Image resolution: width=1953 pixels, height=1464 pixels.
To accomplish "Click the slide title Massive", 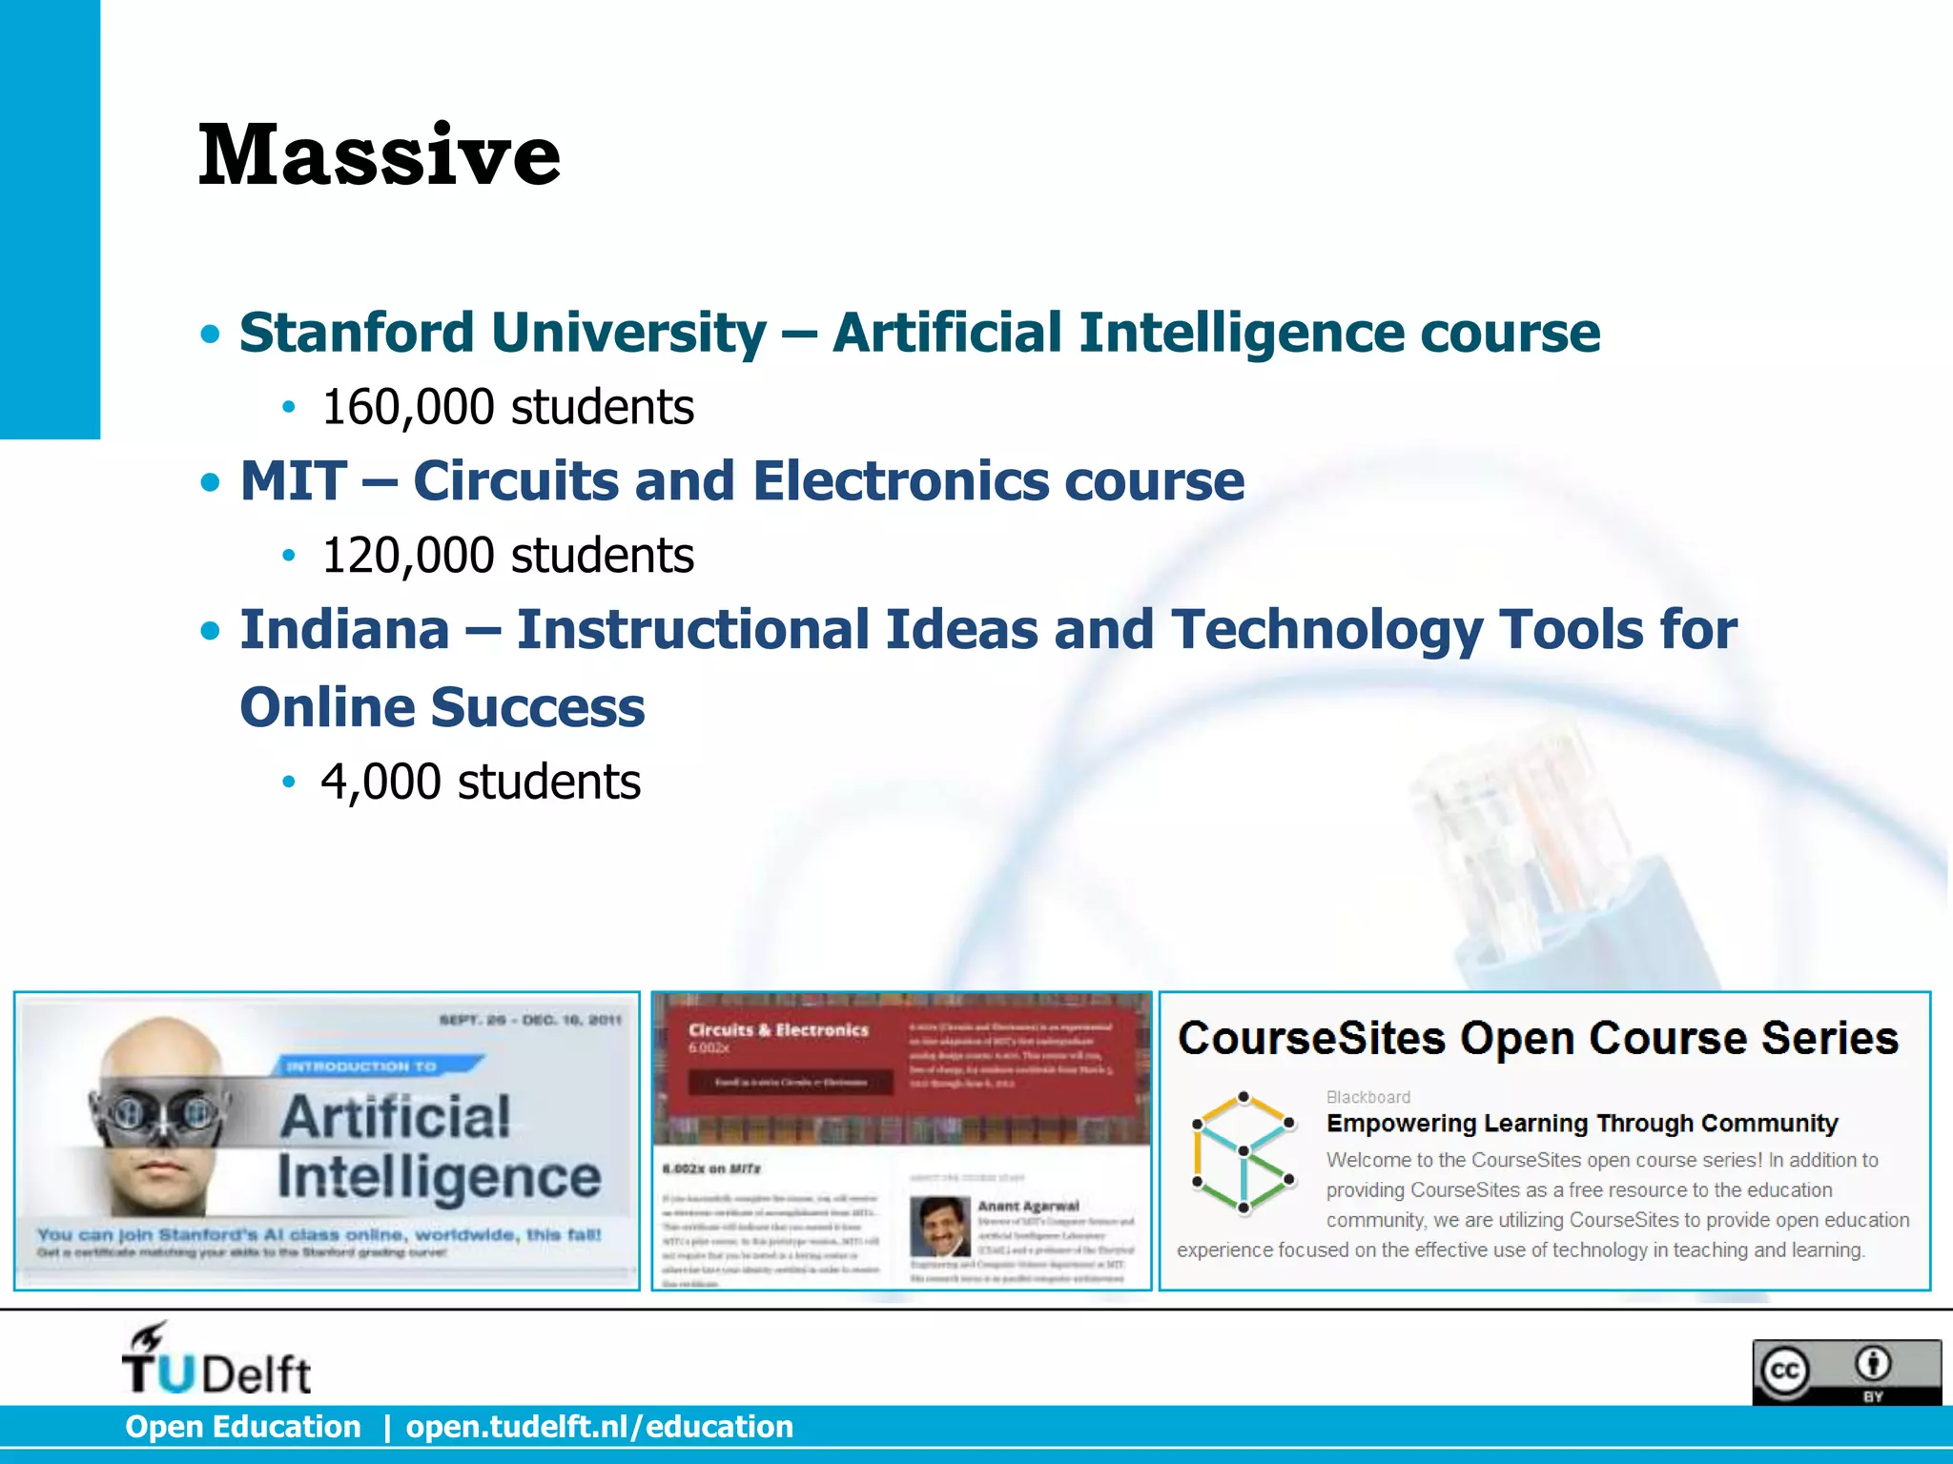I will pyautogui.click(x=379, y=154).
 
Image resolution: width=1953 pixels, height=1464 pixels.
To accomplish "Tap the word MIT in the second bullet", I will pyautogui.click(x=293, y=480).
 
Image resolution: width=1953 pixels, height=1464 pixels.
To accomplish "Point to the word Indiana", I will pyautogui.click(x=344, y=630).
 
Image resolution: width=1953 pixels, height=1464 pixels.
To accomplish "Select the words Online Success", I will pyautogui.click(x=442, y=708).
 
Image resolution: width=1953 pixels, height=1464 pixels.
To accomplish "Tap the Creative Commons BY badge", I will pyautogui.click(x=1845, y=1372).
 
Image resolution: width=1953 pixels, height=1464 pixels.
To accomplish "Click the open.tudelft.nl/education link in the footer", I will pyautogui.click(x=599, y=1427).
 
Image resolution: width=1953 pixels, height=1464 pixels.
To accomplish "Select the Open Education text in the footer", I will pyautogui.click(x=243, y=1427).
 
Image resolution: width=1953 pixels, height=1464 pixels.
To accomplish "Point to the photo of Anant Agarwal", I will pyautogui.click(x=938, y=1227).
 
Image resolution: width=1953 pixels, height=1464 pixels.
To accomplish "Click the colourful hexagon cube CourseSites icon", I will pyautogui.click(x=1243, y=1153).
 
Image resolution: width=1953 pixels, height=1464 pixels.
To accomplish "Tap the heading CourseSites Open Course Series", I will pyautogui.click(x=1537, y=1038).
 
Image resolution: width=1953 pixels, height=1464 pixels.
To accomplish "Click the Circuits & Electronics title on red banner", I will pyautogui.click(x=778, y=1030).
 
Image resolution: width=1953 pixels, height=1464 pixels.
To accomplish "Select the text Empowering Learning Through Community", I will pyautogui.click(x=1581, y=1124).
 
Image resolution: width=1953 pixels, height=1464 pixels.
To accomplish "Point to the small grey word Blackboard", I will pyautogui.click(x=1367, y=1097).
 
